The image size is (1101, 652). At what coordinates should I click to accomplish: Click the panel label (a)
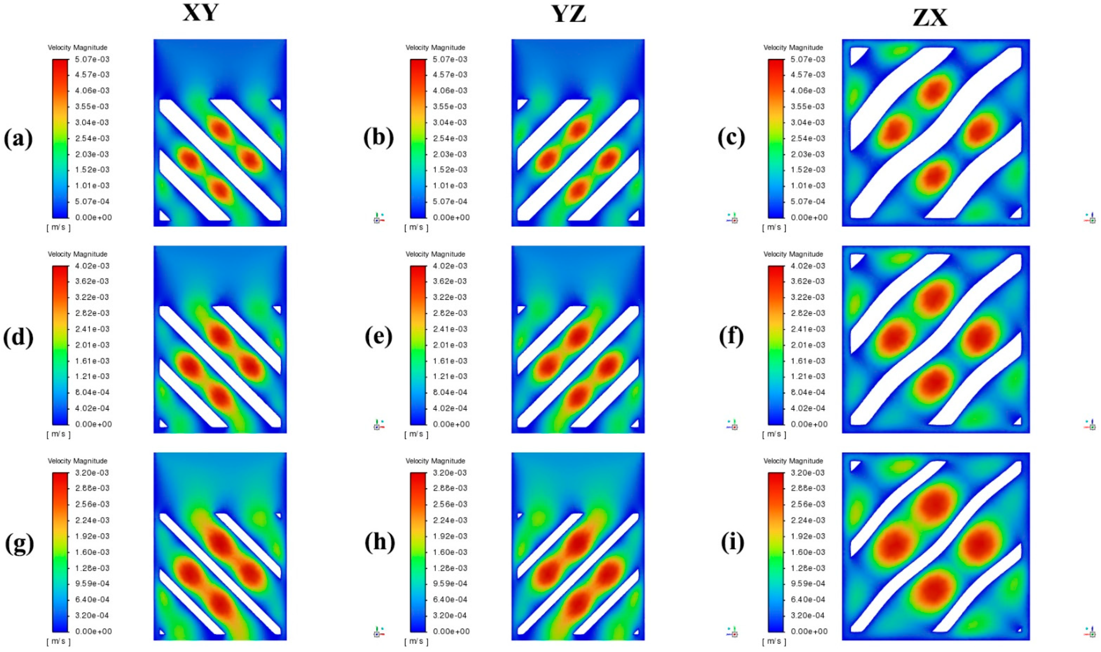click(x=18, y=139)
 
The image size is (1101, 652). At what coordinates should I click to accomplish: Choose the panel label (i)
click(x=732, y=543)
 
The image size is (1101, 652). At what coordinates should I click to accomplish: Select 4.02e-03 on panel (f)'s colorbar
click(x=808, y=266)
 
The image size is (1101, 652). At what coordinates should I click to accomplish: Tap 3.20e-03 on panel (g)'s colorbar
click(x=92, y=473)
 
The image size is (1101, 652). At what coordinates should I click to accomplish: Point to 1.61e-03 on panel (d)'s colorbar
click(x=92, y=361)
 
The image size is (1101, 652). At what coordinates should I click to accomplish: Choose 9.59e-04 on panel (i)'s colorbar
click(x=808, y=584)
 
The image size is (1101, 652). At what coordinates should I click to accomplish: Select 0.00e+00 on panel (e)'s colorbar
click(x=451, y=424)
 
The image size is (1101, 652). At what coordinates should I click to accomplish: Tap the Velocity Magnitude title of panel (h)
click(x=435, y=461)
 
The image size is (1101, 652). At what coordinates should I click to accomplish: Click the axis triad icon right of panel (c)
click(x=1089, y=218)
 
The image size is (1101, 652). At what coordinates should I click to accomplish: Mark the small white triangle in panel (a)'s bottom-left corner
click(x=164, y=216)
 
